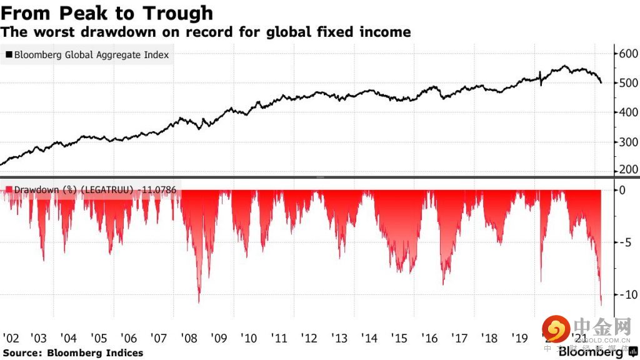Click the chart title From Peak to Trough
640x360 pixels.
107,12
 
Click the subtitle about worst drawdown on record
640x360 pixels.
206,31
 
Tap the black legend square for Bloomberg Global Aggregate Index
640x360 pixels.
9,55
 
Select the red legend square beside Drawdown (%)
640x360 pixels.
9,188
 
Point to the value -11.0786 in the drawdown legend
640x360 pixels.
158,188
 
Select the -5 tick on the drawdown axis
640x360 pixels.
625,242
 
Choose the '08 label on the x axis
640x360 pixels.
189,338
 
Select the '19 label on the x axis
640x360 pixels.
519,338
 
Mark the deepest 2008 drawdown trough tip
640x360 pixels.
199,302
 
